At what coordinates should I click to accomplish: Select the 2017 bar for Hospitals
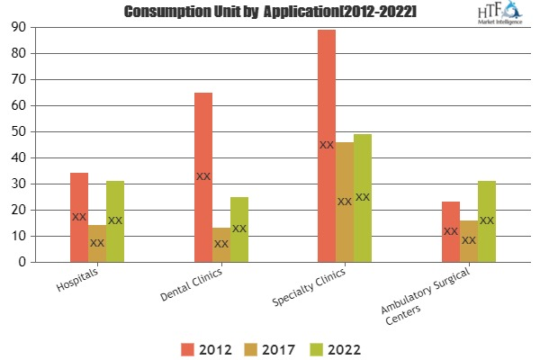point(97,243)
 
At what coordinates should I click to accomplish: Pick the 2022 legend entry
point(329,347)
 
